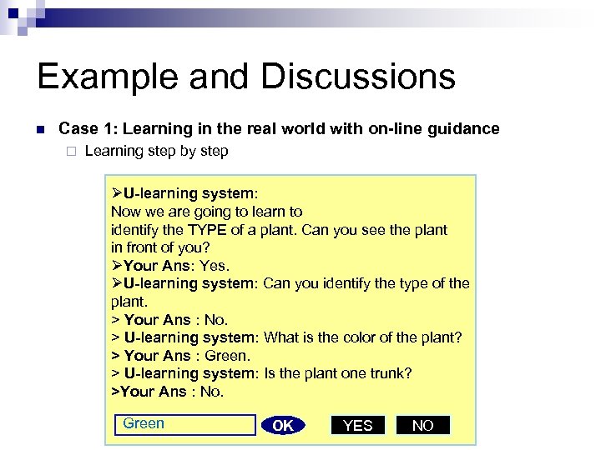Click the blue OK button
coord(283,425)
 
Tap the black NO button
coord(422,425)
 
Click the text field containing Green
coord(184,424)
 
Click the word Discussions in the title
coord(358,77)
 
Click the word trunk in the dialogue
coord(385,373)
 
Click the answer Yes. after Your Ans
coord(215,266)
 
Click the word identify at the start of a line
coord(136,229)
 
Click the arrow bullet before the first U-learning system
coord(117,193)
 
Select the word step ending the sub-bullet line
coord(212,151)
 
